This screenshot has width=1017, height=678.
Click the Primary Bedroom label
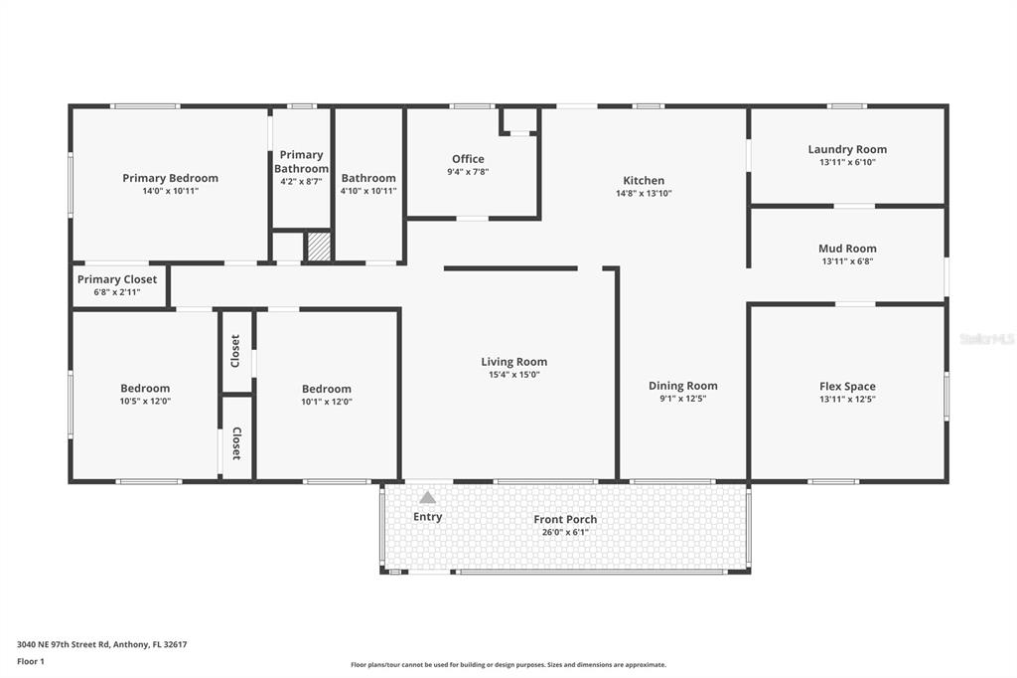pos(170,178)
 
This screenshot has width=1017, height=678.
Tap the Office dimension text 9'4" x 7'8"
pos(468,172)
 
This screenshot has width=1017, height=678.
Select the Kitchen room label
pos(644,180)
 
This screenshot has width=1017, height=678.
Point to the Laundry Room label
pos(847,149)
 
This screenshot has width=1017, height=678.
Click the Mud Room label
pos(847,249)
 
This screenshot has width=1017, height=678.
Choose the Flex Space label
pos(847,386)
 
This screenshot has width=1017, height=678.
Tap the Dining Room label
pos(682,386)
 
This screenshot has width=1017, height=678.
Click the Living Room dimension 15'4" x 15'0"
pos(513,375)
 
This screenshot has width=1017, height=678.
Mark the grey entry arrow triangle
pos(427,497)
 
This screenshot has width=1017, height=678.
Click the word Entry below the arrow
pos(427,517)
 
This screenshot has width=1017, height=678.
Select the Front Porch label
pos(565,519)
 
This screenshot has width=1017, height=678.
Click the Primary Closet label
pos(117,279)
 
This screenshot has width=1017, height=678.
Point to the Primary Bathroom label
pos(301,161)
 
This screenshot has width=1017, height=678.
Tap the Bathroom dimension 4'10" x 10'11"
pos(368,191)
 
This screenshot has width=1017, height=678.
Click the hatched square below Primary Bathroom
pos(318,247)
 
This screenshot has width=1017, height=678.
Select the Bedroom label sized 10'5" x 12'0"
pos(145,388)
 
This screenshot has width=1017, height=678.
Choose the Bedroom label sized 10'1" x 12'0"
pos(327,389)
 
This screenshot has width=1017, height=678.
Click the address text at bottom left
pos(102,644)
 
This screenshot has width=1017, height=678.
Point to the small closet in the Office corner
pos(519,120)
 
